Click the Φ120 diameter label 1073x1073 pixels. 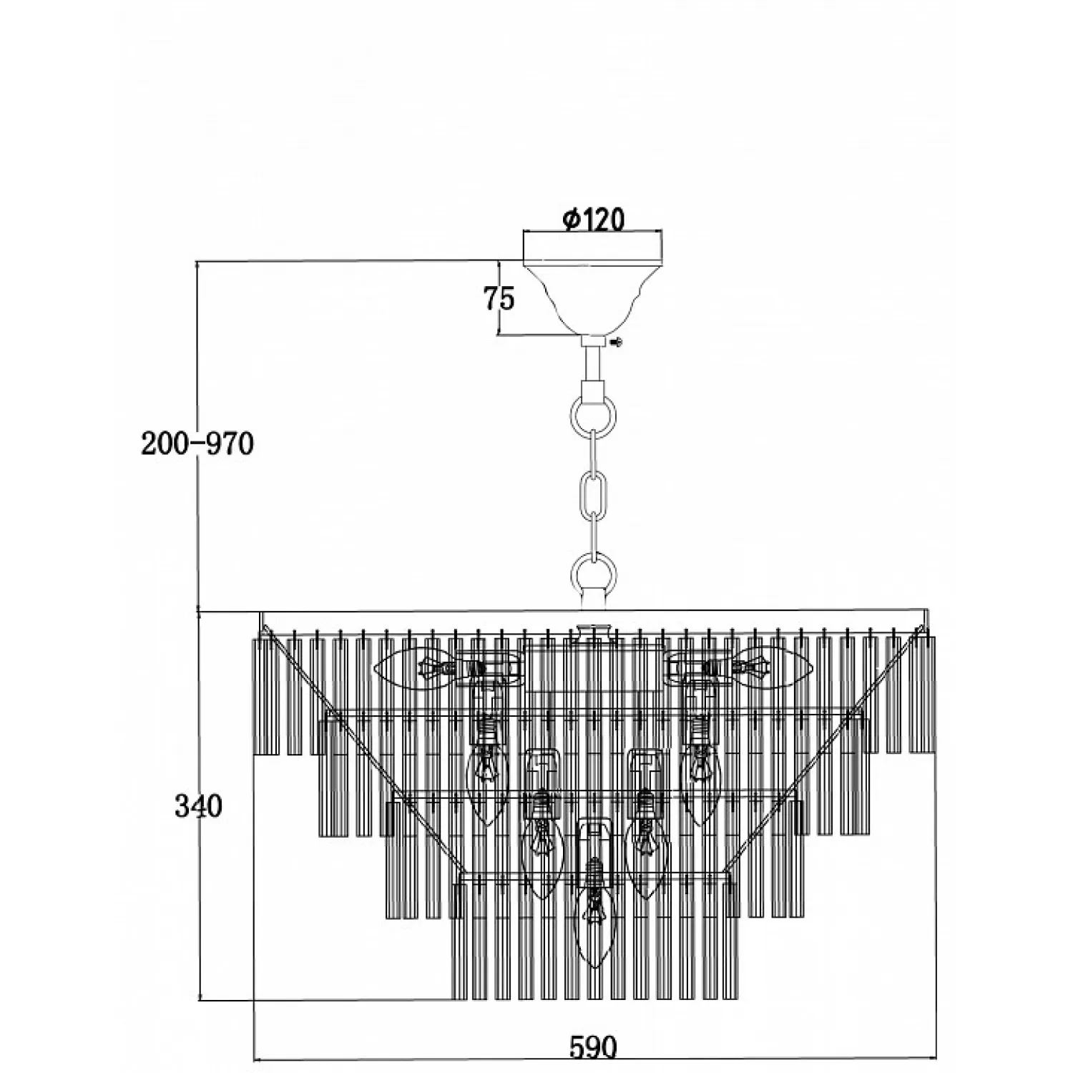(x=593, y=220)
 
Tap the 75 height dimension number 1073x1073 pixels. (x=499, y=298)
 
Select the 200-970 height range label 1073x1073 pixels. (x=197, y=444)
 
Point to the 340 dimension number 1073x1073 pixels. (x=198, y=806)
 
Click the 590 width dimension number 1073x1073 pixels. (x=593, y=1047)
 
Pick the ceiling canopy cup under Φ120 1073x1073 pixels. (x=593, y=293)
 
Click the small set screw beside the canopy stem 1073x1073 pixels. (x=618, y=343)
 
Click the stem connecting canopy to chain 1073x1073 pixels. (x=593, y=365)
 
